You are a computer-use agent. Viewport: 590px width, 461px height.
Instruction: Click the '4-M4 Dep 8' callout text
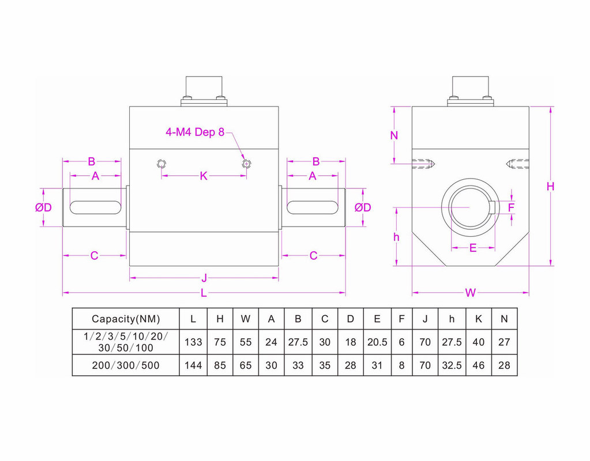click(x=194, y=133)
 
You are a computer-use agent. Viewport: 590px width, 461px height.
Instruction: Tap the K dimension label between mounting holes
click(x=204, y=176)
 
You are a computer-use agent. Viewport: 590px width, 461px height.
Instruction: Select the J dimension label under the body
click(x=204, y=278)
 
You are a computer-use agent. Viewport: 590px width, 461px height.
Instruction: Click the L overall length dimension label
click(x=204, y=293)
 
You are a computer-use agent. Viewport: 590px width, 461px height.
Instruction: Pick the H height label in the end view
click(x=550, y=186)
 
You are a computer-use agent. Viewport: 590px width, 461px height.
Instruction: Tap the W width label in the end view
click(x=471, y=293)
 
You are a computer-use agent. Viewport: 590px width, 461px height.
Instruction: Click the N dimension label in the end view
click(x=394, y=136)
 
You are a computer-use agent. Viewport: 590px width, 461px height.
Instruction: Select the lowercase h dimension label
click(x=396, y=237)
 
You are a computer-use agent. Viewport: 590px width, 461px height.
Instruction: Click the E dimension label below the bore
click(x=473, y=248)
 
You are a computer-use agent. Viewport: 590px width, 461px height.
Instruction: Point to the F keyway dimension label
click(x=511, y=207)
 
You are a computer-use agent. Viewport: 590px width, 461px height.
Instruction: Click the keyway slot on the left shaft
click(x=95, y=207)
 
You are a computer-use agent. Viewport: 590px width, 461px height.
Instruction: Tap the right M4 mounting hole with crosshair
click(x=247, y=164)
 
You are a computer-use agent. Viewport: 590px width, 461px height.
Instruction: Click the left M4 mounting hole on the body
click(x=161, y=164)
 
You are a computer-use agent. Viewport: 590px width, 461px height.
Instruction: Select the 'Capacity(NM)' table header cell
click(x=126, y=319)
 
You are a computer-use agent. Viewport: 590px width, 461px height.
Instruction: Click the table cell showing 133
click(x=193, y=342)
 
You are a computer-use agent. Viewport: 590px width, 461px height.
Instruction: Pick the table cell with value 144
click(x=193, y=365)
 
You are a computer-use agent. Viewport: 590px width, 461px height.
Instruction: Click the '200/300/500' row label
click(x=126, y=365)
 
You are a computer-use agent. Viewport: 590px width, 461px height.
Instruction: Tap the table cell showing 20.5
click(x=377, y=342)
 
